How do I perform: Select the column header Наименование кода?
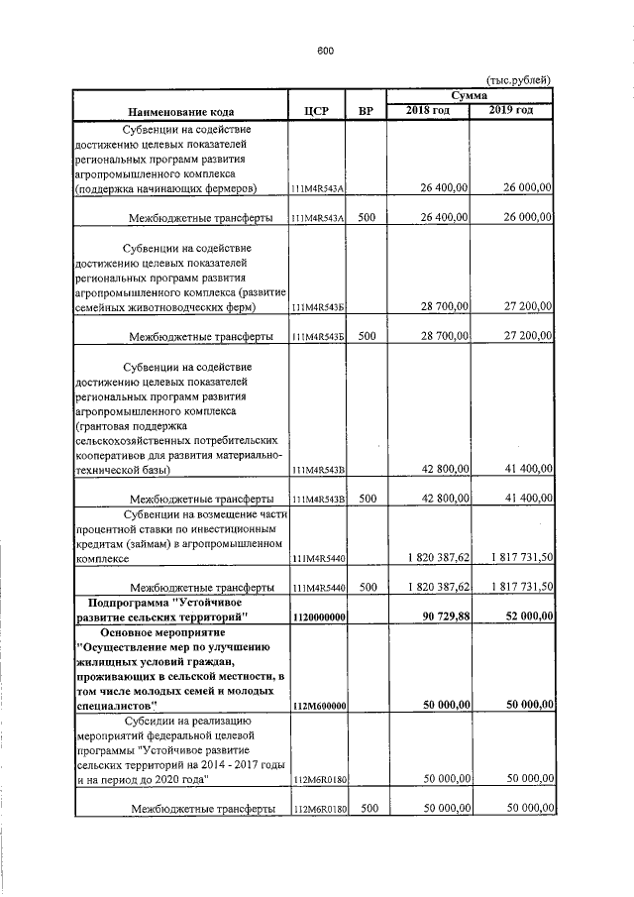(x=179, y=111)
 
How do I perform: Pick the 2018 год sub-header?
(x=428, y=109)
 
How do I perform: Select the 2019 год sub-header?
(x=511, y=109)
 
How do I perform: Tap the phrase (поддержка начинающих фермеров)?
(x=165, y=187)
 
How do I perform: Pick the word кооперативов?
(x=115, y=453)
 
